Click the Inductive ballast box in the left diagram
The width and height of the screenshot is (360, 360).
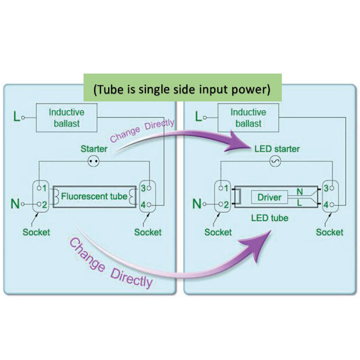[67, 118]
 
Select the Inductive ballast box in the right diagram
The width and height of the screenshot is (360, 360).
[248, 118]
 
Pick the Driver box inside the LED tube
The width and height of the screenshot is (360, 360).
[270, 197]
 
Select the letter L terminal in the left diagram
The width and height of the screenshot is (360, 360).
[16, 118]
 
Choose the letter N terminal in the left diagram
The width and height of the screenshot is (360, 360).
[15, 205]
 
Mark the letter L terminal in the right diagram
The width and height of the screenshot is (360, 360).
[198, 118]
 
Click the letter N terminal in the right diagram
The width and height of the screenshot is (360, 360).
[197, 205]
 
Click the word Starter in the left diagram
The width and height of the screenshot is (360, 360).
[94, 148]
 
